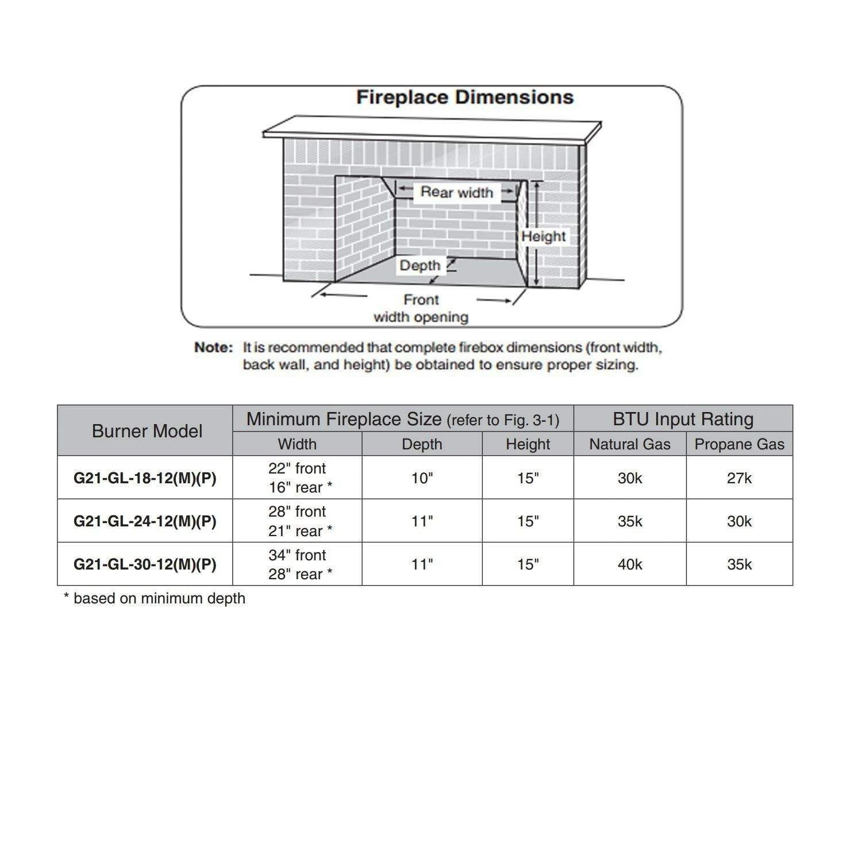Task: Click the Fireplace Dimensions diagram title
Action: tap(464, 97)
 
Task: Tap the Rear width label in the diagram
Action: tap(457, 192)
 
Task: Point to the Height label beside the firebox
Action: tap(544, 236)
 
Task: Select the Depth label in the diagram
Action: tap(420, 265)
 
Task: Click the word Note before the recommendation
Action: tap(213, 348)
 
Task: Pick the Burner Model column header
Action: tap(147, 431)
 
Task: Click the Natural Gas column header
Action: tap(630, 444)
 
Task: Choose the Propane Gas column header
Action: tap(739, 444)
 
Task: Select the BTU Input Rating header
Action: tap(683, 419)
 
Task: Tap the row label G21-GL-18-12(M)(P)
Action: tap(145, 478)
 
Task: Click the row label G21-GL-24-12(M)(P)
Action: tap(145, 521)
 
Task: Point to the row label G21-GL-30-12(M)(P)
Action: tap(145, 564)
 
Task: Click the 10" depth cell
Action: tap(422, 478)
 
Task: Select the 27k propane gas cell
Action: tap(739, 478)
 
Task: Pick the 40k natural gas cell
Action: tap(630, 564)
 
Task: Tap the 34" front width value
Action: tap(297, 555)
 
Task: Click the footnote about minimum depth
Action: tap(154, 598)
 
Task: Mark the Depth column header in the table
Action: tap(422, 444)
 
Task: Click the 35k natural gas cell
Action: tap(630, 521)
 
